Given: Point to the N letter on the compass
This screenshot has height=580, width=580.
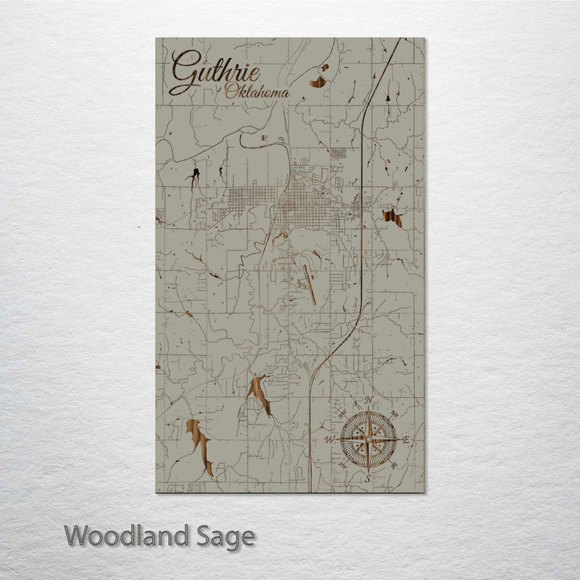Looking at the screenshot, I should [x=368, y=400].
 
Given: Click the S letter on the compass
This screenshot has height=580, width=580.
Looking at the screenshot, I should [x=368, y=478].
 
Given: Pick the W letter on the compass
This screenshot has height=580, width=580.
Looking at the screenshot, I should [x=329, y=440].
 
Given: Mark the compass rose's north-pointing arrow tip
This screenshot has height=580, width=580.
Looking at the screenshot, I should [x=368, y=409].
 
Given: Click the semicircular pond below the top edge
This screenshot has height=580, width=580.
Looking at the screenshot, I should [x=319, y=81].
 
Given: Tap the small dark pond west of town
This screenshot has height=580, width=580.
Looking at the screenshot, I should [x=193, y=175].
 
